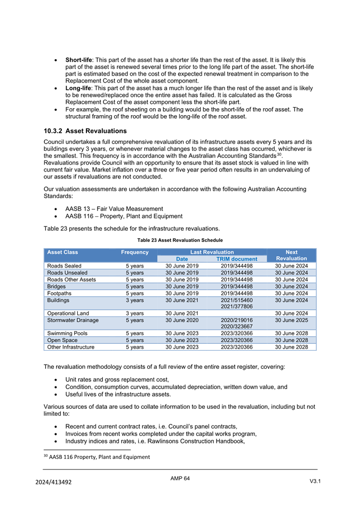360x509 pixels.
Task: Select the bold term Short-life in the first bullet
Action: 78,60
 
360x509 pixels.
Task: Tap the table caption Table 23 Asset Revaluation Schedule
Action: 180,240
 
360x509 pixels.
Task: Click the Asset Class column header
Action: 62,252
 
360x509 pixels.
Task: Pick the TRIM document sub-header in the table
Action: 236,259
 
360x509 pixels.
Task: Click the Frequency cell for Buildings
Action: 134,300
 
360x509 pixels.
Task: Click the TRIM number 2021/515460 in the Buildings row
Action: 236,300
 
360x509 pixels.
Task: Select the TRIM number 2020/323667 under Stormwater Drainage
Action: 236,327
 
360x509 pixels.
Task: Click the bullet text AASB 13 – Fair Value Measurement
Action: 114,208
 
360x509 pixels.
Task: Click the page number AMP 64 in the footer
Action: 180,479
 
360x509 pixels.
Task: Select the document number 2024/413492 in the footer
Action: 55,482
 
